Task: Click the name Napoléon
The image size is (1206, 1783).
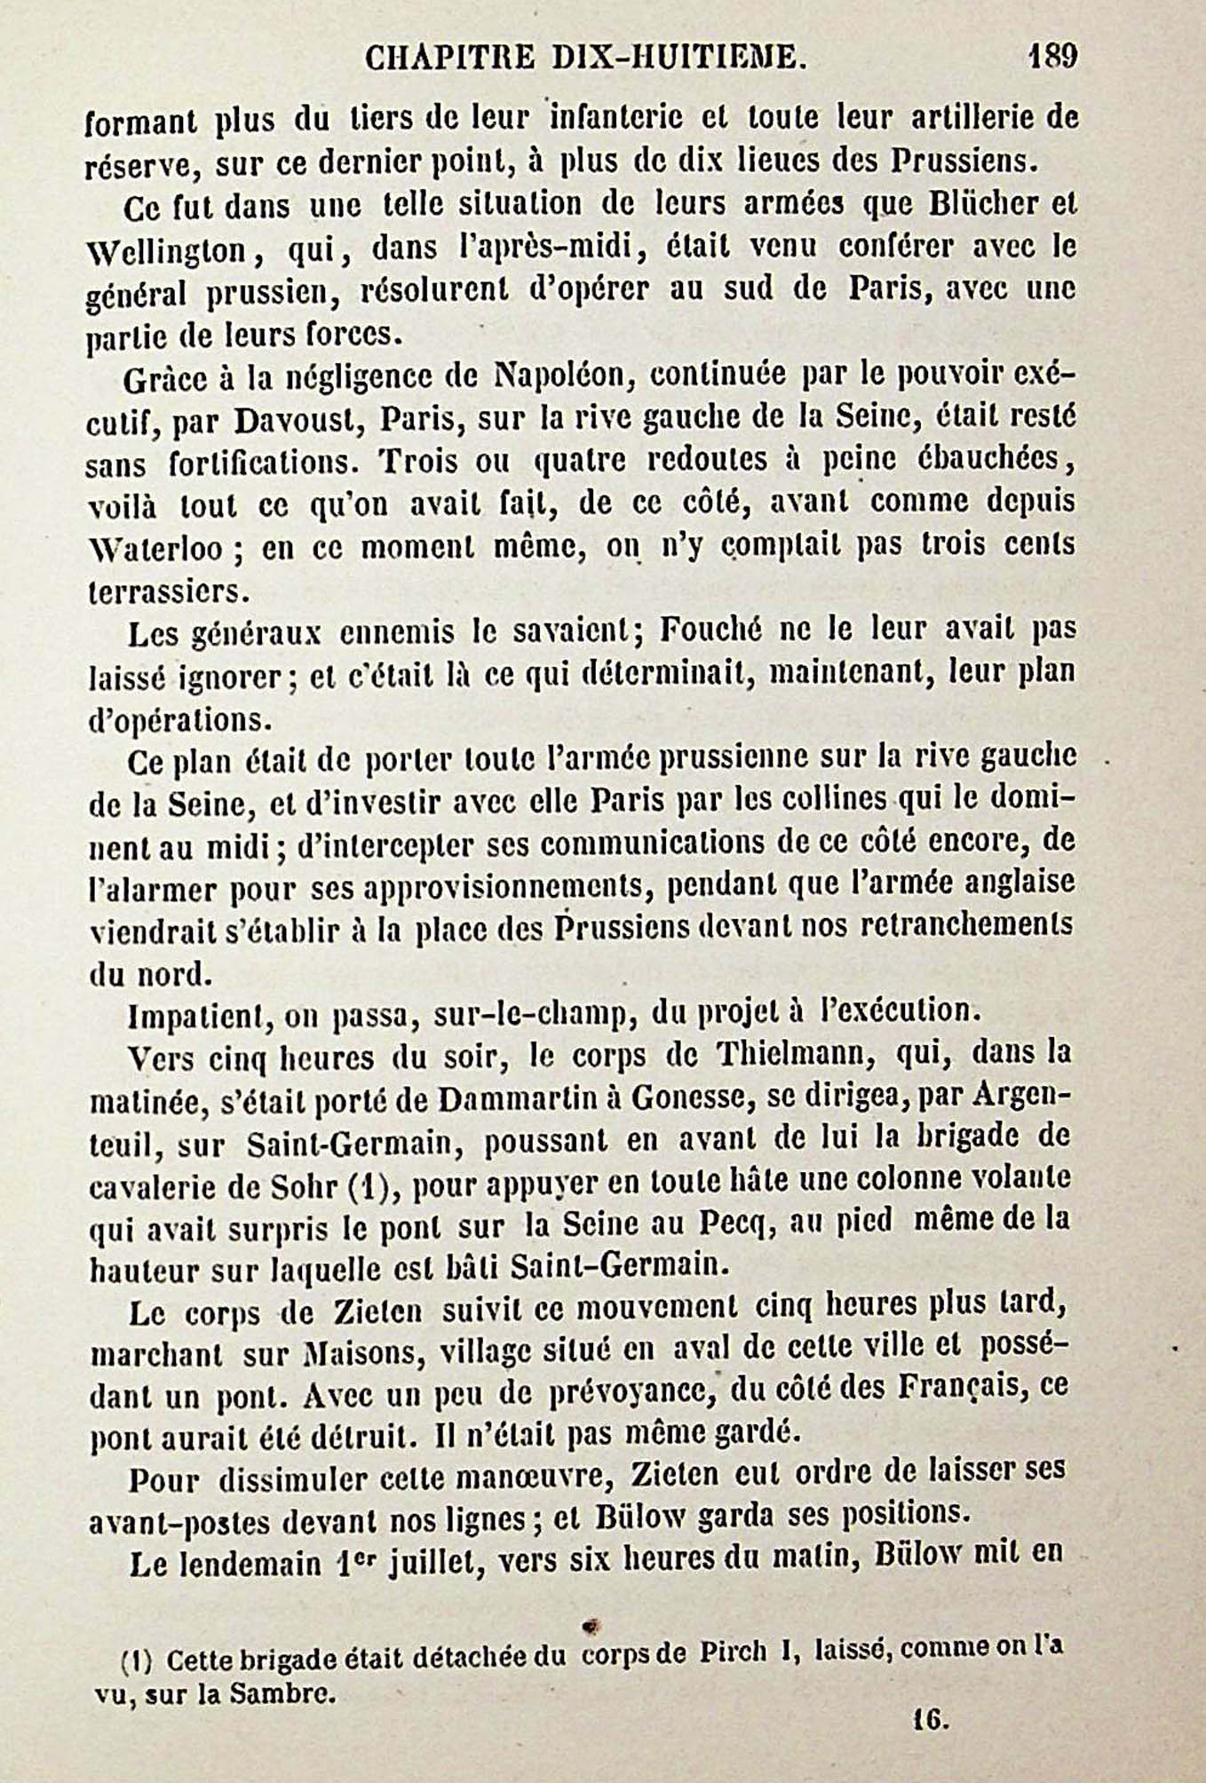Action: click(559, 376)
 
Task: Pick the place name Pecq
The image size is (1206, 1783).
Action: click(799, 1224)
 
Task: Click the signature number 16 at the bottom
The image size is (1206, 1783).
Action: click(931, 1721)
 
